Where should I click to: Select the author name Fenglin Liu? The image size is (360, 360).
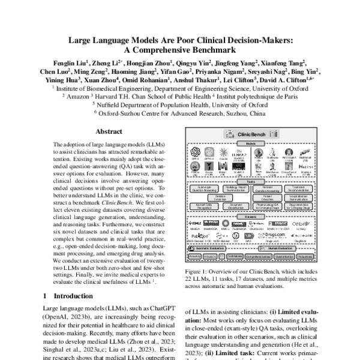(x=71, y=62)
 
